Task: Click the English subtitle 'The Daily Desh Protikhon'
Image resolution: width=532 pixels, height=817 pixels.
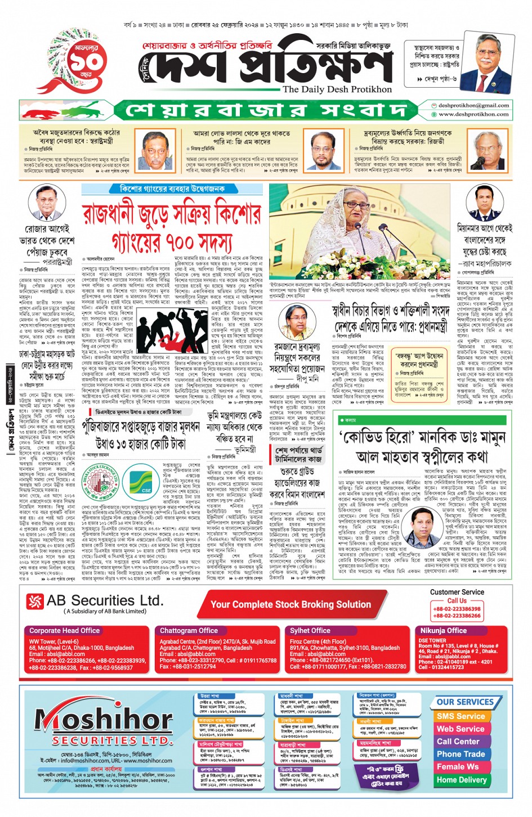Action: click(337, 89)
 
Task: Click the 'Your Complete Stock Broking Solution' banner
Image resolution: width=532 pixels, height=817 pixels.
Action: click(290, 604)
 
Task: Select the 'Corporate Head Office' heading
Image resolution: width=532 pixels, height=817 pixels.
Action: click(64, 631)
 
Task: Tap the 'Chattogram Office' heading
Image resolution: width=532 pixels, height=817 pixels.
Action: click(189, 631)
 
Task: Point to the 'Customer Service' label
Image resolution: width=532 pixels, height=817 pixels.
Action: click(457, 592)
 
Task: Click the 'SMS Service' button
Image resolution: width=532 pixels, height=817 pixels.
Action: click(461, 716)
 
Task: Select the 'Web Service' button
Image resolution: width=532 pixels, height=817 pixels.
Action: click(461, 729)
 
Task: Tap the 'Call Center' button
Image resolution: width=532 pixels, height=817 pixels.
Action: click(458, 742)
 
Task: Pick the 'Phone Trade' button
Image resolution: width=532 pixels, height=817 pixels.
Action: click(461, 754)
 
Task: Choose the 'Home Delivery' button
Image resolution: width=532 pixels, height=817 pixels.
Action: click(461, 780)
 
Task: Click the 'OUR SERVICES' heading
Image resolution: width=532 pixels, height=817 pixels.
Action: click(464, 702)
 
